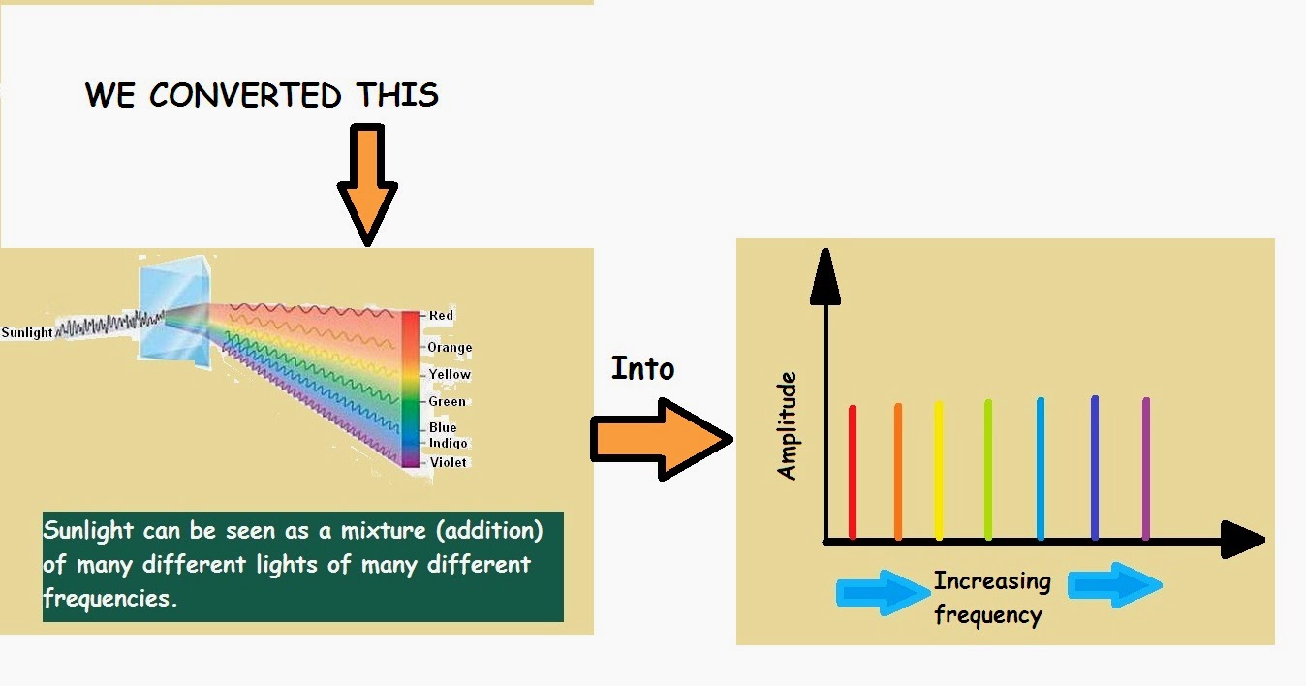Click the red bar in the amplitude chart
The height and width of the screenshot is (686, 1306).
tap(853, 472)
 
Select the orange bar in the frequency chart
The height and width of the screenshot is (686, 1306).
tap(898, 472)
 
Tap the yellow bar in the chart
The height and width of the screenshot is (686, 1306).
tap(938, 470)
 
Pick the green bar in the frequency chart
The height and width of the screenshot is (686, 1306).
tap(988, 470)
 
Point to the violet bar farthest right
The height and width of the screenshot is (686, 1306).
tap(1145, 469)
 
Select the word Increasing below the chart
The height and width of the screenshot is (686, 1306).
tap(992, 581)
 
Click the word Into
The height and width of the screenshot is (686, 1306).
tap(642, 368)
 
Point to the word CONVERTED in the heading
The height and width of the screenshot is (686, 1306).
tap(245, 95)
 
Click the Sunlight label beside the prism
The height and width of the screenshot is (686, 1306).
tap(27, 332)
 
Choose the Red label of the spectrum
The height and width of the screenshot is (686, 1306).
tap(441, 315)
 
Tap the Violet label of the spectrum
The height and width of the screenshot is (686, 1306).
tap(448, 462)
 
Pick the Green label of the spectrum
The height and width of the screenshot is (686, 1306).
tap(447, 401)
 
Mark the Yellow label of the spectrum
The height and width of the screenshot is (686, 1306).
tap(450, 374)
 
